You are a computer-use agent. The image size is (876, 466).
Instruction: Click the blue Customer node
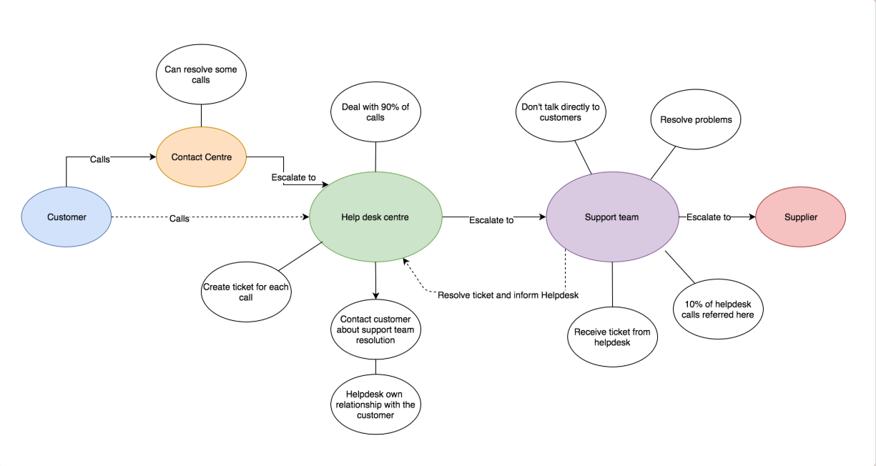pyautogui.click(x=67, y=217)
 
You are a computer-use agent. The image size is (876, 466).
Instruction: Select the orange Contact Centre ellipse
pyautogui.click(x=201, y=157)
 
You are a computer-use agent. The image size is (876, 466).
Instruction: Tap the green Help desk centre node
pyautogui.click(x=375, y=217)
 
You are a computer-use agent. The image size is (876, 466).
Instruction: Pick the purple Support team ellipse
pyautogui.click(x=611, y=217)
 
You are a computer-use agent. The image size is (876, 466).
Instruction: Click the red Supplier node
pyautogui.click(x=800, y=217)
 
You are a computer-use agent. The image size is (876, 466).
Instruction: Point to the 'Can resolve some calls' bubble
pyautogui.click(x=201, y=75)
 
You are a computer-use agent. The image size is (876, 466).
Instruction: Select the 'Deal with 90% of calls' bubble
pyautogui.click(x=375, y=112)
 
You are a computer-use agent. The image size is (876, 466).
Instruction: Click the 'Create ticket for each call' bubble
pyautogui.click(x=246, y=292)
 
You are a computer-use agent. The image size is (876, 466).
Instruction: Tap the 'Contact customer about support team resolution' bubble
pyautogui.click(x=375, y=329)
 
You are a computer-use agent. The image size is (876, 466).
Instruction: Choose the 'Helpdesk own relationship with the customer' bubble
pyautogui.click(x=375, y=405)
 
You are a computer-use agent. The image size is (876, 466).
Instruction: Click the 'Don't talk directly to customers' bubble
pyautogui.click(x=560, y=112)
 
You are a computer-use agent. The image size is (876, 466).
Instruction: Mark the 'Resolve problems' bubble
pyautogui.click(x=695, y=119)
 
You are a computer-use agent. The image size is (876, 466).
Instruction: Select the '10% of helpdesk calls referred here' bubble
pyautogui.click(x=718, y=309)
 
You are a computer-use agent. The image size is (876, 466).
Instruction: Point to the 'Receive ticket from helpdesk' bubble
pyautogui.click(x=612, y=337)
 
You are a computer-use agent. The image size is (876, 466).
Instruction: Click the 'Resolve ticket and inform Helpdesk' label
pyautogui.click(x=508, y=295)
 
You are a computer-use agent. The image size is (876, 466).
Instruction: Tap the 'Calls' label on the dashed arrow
pyautogui.click(x=179, y=219)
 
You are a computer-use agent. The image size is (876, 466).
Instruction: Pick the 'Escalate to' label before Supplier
pyautogui.click(x=709, y=217)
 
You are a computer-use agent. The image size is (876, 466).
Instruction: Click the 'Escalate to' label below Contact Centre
pyautogui.click(x=293, y=177)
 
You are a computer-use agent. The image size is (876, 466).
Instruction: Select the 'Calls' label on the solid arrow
pyautogui.click(x=100, y=159)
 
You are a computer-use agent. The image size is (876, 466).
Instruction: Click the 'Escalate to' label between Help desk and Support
pyautogui.click(x=491, y=220)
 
